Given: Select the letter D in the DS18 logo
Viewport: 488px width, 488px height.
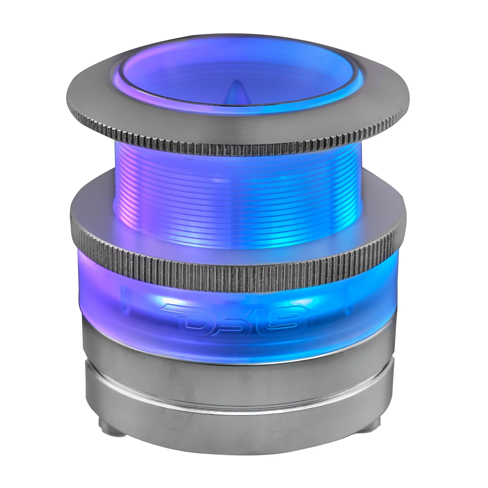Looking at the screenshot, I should pyautogui.click(x=193, y=320).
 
